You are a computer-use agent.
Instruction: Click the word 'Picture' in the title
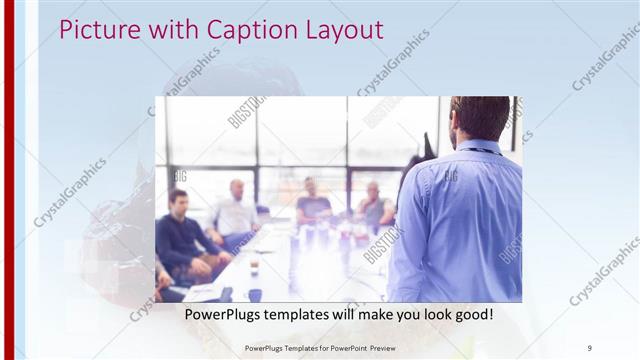tap(93, 29)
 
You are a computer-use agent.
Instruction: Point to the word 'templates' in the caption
tap(304, 315)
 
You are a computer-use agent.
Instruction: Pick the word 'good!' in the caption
tap(470, 315)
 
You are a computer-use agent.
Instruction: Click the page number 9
tap(589, 348)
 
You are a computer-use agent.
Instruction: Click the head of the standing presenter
tap(480, 118)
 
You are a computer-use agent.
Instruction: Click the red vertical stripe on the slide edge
tap(9, 180)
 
